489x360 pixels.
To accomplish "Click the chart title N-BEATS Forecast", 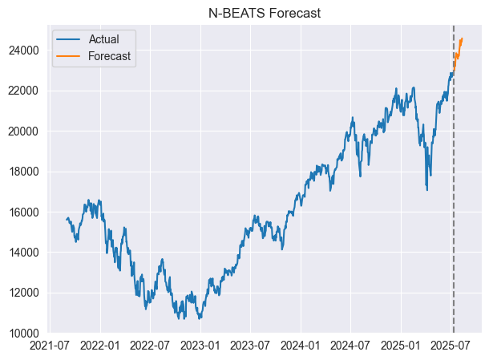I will [265, 12].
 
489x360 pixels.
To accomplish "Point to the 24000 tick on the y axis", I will [26, 50].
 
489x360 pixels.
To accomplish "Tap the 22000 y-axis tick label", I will [26, 91].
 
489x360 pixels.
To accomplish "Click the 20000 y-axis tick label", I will [26, 131].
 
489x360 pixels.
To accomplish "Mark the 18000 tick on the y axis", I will [26, 172].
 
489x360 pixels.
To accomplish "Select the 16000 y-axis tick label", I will [26, 212].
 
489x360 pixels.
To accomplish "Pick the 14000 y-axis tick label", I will [26, 253].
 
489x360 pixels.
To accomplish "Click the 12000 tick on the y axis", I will [26, 293].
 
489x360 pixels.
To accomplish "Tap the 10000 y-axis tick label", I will [26, 333].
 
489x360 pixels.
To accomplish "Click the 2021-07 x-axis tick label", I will [51, 346].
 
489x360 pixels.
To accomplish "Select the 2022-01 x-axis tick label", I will [101, 346].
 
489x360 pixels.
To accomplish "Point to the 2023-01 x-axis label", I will [200, 346].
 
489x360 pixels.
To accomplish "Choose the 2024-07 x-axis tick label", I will [350, 346].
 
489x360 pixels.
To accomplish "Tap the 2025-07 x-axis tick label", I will [450, 346].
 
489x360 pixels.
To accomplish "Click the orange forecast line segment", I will [458, 51].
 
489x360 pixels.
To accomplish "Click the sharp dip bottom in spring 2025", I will [426, 189].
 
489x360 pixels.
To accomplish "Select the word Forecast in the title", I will [293, 12].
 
